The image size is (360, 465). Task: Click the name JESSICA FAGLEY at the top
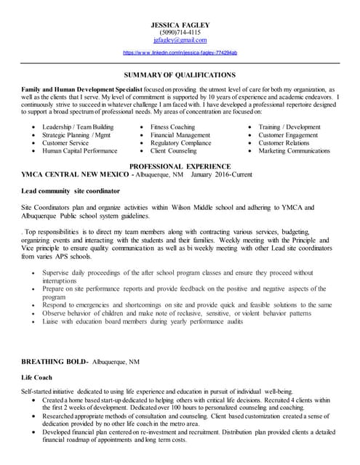tap(180, 24)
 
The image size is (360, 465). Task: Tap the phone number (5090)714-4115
tap(180, 32)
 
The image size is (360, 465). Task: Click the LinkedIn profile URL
tap(180, 53)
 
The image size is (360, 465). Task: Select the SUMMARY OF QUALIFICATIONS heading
tap(180, 75)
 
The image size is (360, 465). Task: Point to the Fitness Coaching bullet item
tap(172, 127)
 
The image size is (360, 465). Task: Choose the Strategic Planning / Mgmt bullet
tap(76, 135)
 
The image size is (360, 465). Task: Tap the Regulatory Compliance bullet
tap(180, 143)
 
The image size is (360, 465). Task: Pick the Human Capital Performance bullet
tap(79, 151)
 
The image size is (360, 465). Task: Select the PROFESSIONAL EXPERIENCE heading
tap(180, 166)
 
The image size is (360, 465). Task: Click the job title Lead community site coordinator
tap(71, 191)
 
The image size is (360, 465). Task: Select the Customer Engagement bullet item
tap(288, 135)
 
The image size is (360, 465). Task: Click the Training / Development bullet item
tap(289, 127)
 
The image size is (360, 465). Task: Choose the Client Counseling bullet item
tap(173, 151)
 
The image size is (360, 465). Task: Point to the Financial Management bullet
tap(180, 135)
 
